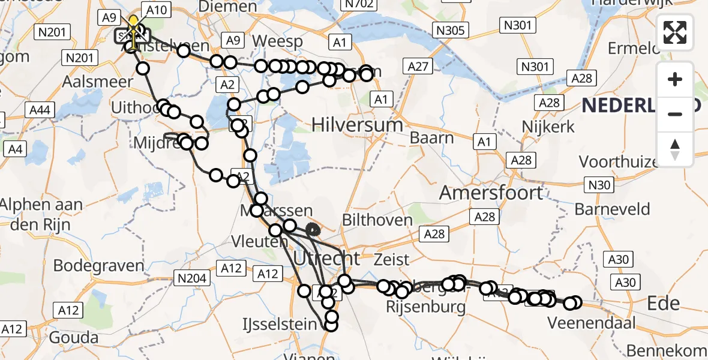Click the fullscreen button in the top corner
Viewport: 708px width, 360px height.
point(675,32)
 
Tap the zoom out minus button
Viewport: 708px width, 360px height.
point(675,114)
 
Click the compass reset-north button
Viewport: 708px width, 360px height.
point(675,149)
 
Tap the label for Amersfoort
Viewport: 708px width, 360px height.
point(491,193)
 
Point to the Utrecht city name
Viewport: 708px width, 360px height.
point(326,259)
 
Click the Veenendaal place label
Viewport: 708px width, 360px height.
point(591,323)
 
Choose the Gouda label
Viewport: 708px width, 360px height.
point(74,337)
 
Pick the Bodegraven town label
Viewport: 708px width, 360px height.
point(99,265)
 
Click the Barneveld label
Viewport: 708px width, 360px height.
point(612,209)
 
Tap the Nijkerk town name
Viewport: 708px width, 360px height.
point(548,127)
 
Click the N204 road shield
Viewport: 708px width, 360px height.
point(191,278)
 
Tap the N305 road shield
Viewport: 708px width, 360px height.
point(451,30)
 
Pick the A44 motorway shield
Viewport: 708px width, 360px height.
point(40,110)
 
